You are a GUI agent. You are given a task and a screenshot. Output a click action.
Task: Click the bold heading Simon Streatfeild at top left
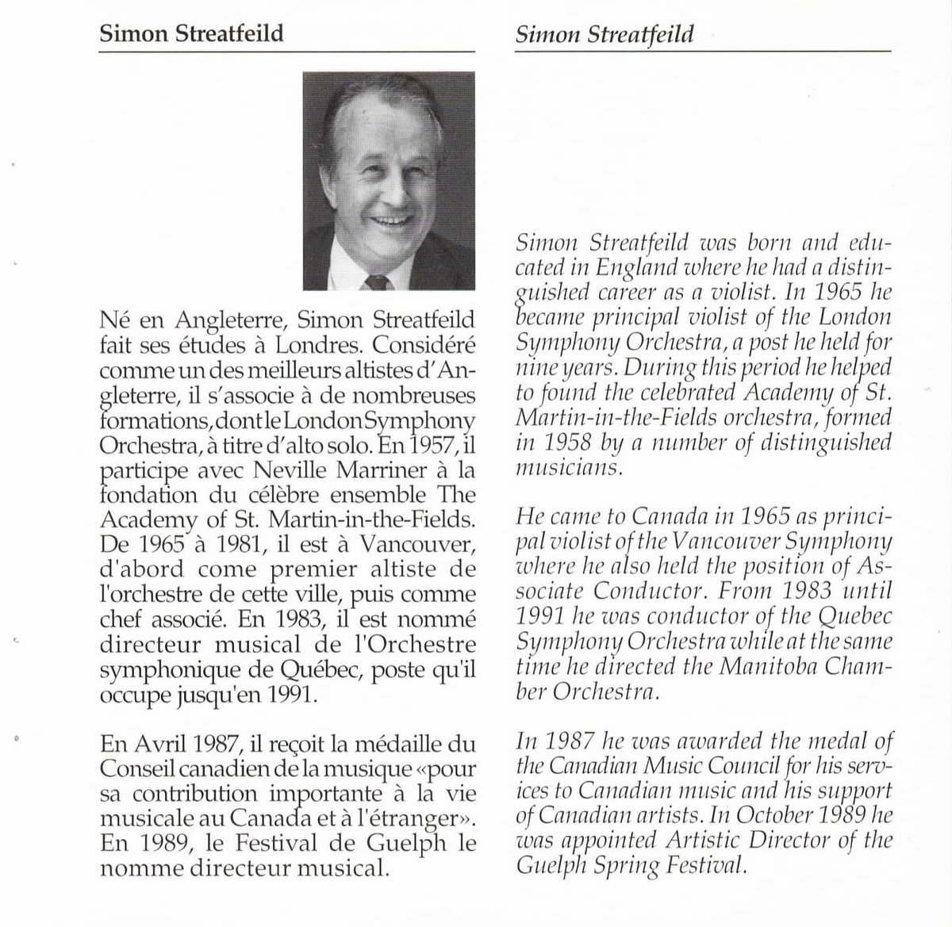click(x=190, y=35)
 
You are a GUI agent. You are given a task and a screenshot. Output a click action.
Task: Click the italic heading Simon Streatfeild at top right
click(x=604, y=35)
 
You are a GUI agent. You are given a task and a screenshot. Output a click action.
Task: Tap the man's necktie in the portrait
click(x=377, y=282)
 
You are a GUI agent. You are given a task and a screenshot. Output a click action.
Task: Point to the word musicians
click(x=566, y=467)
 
